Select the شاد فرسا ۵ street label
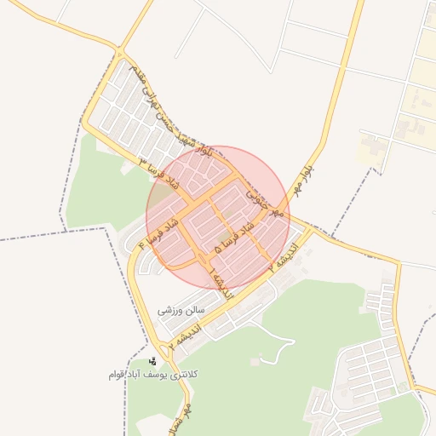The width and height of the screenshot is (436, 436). tap(233, 238)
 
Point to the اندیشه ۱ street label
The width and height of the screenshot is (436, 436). tap(218, 278)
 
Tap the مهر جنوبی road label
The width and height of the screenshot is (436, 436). tap(264, 201)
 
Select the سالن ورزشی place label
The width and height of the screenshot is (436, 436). tap(183, 311)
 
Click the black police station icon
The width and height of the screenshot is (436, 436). tap(152, 361)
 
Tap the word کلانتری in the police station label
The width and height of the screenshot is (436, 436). tap(184, 375)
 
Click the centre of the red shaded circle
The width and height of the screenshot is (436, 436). tap(218, 217)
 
